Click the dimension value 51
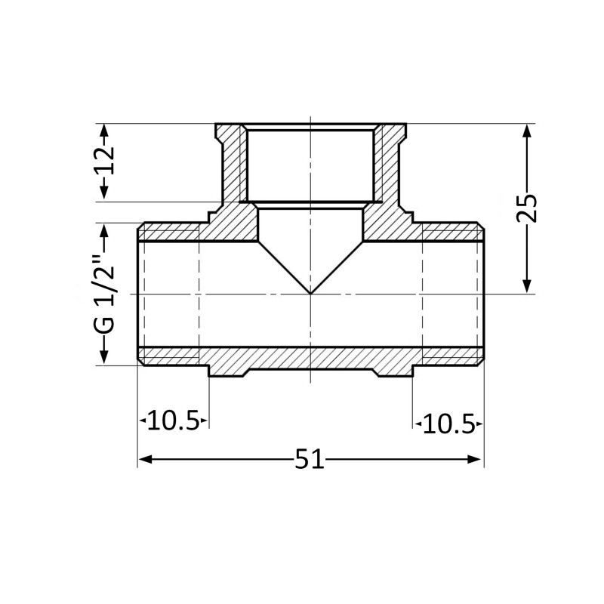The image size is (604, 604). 310,459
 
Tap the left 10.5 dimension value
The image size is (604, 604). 174,421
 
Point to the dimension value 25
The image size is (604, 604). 526,208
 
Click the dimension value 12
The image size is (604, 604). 106,160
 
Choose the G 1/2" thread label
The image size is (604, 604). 104,294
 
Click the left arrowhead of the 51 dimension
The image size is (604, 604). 144,459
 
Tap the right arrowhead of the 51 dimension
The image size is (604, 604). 475,459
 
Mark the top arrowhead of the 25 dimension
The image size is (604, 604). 527,131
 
